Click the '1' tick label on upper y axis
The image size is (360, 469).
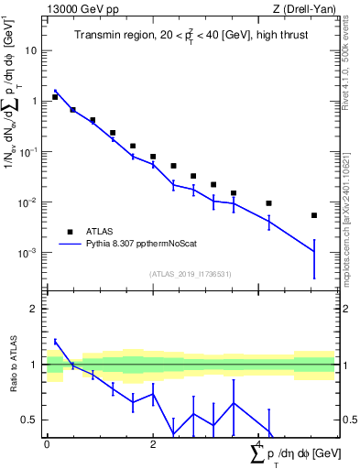coord(35,102)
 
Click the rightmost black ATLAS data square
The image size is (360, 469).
coord(314,215)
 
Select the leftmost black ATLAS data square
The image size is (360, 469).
coord(55,96)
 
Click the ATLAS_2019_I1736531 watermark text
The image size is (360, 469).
coord(190,273)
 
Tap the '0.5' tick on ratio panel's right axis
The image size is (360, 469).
coord(347,420)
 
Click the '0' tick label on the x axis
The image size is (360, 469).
coord(47,444)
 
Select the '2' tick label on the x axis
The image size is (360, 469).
coord(152,444)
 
